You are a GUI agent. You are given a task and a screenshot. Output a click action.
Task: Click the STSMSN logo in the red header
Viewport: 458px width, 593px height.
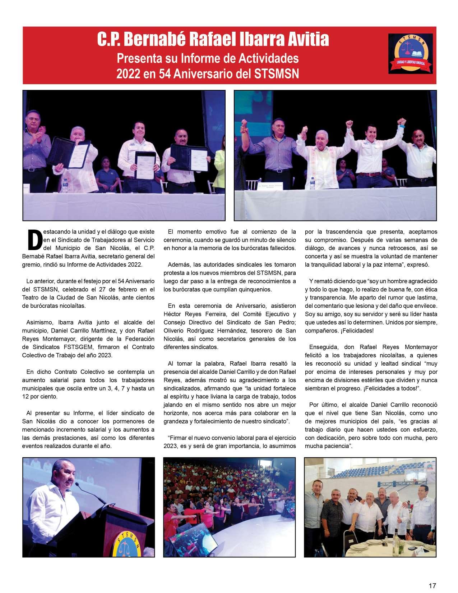[x=411, y=53]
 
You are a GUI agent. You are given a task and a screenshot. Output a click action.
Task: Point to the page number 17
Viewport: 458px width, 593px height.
[x=432, y=585]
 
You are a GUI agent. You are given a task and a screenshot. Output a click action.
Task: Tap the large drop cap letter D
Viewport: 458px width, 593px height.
[x=35, y=240]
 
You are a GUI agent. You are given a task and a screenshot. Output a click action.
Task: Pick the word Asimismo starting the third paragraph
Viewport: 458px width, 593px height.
[x=38, y=322]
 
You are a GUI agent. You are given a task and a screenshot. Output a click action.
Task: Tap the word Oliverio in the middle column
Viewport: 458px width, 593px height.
[x=174, y=331]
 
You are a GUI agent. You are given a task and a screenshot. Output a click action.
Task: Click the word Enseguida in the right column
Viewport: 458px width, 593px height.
[x=323, y=347]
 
